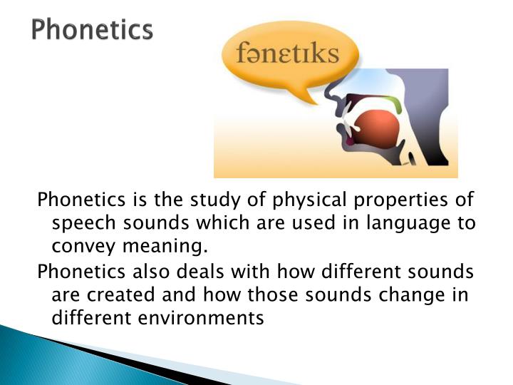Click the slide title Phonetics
[x=92, y=30]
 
